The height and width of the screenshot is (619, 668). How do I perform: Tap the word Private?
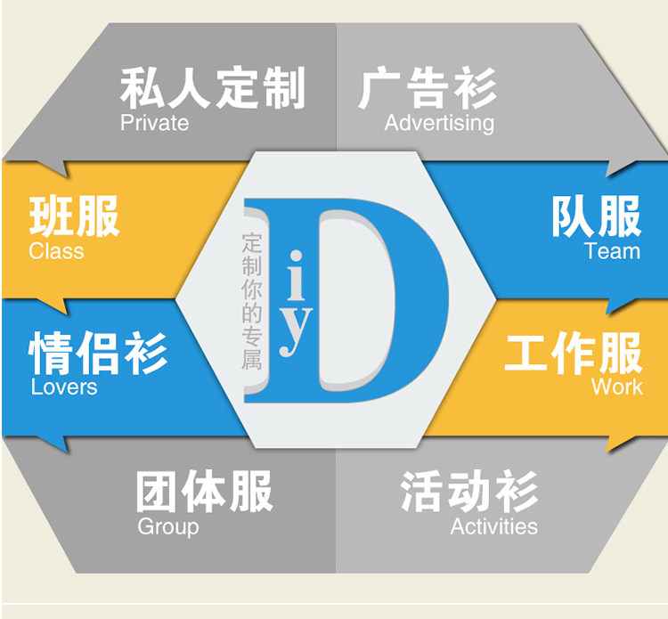click(x=154, y=123)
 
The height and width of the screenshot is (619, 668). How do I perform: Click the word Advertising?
click(x=438, y=123)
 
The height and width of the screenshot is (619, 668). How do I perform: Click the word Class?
click(x=55, y=251)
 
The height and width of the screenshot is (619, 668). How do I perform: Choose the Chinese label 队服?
click(x=595, y=216)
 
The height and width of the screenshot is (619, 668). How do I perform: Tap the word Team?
click(x=612, y=251)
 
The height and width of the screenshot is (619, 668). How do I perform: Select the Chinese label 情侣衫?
click(x=98, y=353)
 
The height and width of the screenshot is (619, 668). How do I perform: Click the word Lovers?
click(x=64, y=387)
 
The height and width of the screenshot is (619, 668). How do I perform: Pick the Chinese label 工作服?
click(x=573, y=353)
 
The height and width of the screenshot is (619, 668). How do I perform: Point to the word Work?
click(x=616, y=387)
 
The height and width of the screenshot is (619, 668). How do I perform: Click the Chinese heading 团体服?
click(x=204, y=491)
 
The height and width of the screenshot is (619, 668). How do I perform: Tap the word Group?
click(x=167, y=526)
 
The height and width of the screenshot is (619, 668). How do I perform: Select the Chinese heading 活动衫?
click(x=468, y=491)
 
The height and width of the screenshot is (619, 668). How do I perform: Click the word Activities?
click(x=493, y=526)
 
